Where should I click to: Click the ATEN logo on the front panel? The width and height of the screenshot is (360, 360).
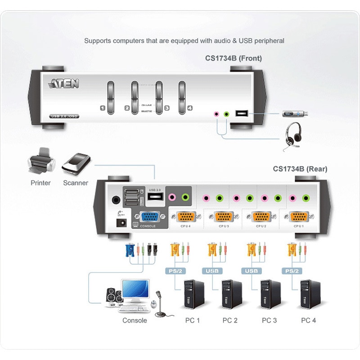[x=63, y=84]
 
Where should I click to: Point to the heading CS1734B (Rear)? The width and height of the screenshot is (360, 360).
[x=300, y=169]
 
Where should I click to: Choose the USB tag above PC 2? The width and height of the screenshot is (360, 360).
[x=213, y=271]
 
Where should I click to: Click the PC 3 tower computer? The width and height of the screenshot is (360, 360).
[x=270, y=295]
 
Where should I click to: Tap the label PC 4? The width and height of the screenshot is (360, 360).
[x=308, y=320]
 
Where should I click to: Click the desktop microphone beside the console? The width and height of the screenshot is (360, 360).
[x=158, y=303]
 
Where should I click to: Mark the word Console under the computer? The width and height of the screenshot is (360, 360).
[x=135, y=320]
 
